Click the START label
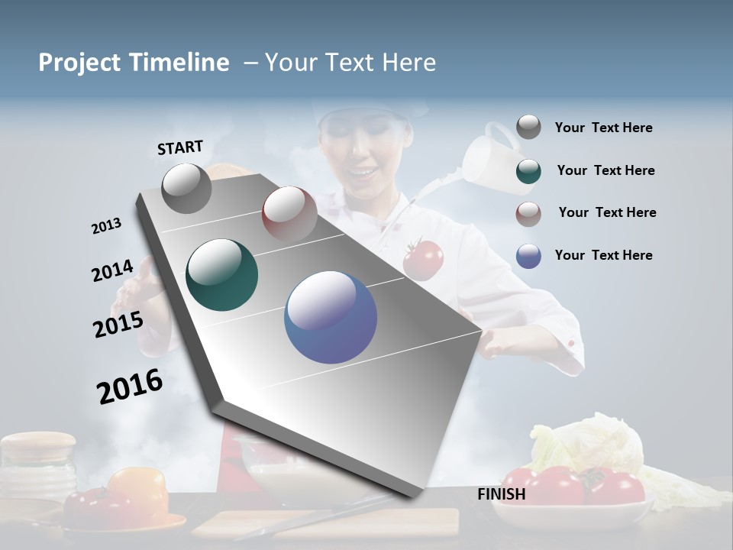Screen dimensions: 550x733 [x=180, y=147]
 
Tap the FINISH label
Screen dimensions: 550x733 [x=502, y=494]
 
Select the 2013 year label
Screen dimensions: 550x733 [x=107, y=226]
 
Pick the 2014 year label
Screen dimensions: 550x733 [x=112, y=271]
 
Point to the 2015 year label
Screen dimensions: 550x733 [x=118, y=324]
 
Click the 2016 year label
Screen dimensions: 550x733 [x=130, y=386]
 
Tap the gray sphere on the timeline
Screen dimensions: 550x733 [x=187, y=188]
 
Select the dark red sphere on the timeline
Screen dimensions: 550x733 [x=289, y=213]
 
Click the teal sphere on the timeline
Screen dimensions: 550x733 [x=222, y=275]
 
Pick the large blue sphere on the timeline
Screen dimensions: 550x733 [x=331, y=317]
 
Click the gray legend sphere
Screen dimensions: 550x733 [x=528, y=128]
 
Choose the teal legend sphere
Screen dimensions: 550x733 [x=528, y=171]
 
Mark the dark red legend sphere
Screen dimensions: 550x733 [x=528, y=213]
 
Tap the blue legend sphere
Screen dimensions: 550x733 [x=528, y=256]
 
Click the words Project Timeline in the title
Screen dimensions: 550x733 [x=134, y=63]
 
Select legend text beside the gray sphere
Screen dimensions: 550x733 [x=603, y=128]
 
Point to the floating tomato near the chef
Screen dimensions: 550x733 [x=423, y=259]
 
